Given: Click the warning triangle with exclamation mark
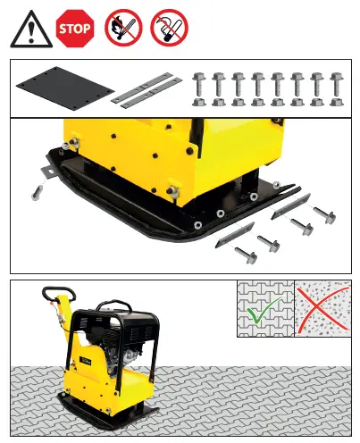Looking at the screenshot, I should point(30,32).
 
